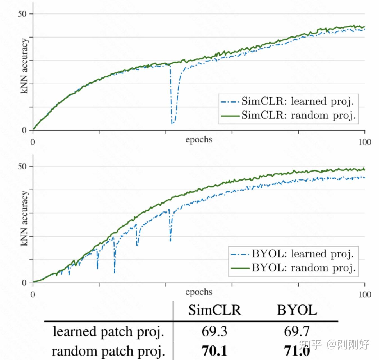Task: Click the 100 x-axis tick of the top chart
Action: pos(365,142)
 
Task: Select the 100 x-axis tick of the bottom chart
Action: pos(365,294)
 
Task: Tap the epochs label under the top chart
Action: pos(199,139)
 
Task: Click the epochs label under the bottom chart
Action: pos(199,292)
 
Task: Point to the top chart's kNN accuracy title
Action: pos(25,66)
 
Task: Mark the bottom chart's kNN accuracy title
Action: pos(25,218)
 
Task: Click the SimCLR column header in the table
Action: pos(214,310)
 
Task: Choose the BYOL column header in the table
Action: pos(297,310)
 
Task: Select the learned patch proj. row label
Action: pos(108,332)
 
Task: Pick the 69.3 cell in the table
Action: pos(214,332)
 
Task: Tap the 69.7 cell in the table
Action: pos(297,332)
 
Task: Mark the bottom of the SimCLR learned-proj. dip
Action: pos(172,124)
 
